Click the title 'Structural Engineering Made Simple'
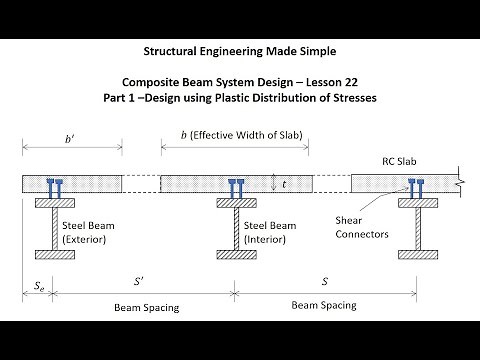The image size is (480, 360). click(x=239, y=48)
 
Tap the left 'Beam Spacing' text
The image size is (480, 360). click(x=147, y=307)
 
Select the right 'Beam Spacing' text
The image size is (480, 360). click(x=324, y=307)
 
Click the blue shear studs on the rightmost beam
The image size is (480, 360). click(x=413, y=184)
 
